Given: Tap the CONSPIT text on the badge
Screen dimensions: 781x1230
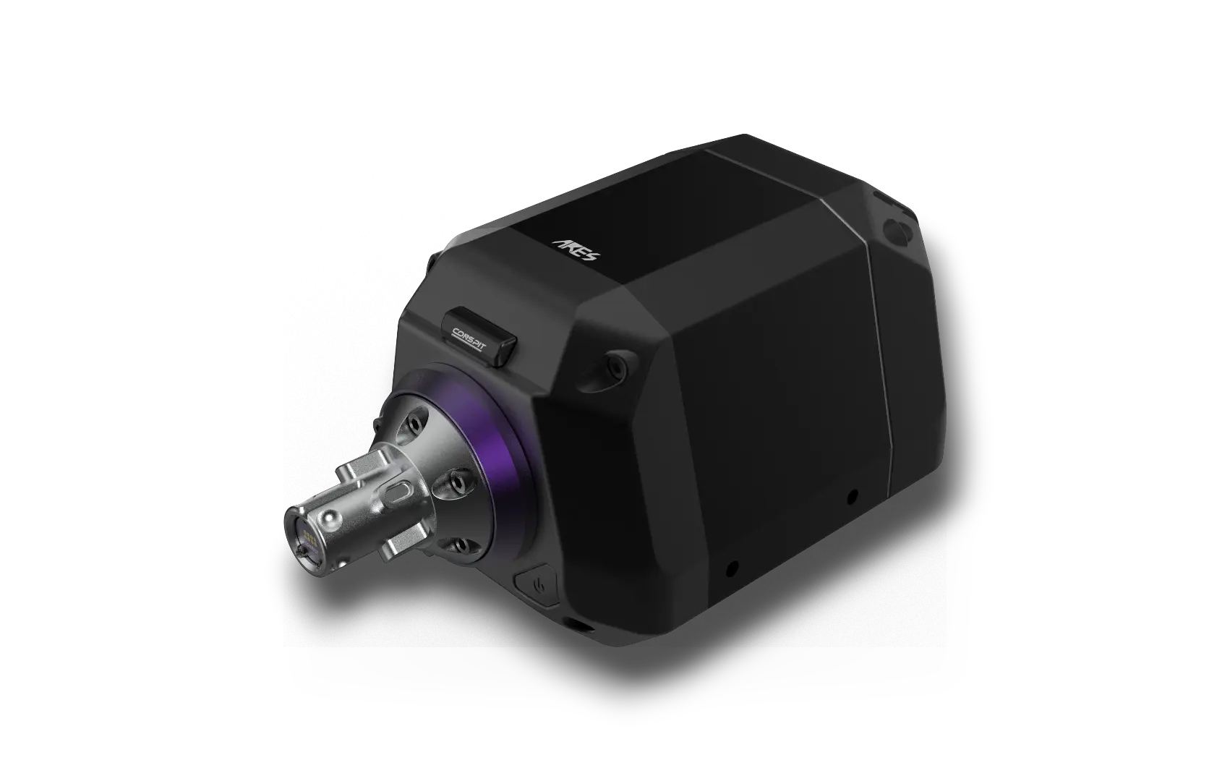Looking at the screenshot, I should (x=469, y=338).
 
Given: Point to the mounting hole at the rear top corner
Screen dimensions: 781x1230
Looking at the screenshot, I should (x=897, y=233).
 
